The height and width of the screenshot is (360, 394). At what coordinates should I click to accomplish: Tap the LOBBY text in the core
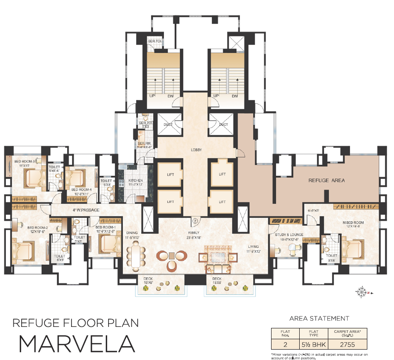(197, 150)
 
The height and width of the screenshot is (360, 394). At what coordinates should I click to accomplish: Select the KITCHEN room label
(135, 181)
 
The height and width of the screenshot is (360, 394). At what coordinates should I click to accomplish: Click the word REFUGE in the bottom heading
(38, 323)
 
